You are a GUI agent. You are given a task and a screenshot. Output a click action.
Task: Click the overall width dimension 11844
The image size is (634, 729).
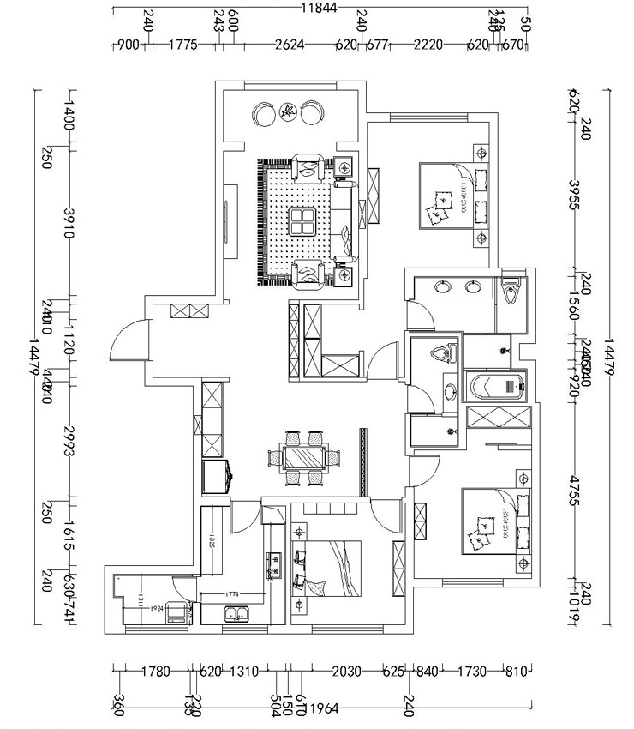click(x=319, y=9)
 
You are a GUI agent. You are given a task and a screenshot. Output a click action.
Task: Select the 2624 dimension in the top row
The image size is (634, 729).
click(x=289, y=45)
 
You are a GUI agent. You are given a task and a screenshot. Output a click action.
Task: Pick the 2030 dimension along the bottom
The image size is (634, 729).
click(x=345, y=671)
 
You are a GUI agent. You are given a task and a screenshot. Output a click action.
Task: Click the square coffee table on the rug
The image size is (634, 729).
click(x=304, y=221)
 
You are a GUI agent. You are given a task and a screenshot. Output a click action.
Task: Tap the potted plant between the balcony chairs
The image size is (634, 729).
click(x=289, y=111)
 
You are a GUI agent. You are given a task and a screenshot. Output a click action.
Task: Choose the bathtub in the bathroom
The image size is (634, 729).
click(x=494, y=387)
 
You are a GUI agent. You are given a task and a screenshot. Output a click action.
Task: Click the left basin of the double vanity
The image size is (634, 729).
click(x=443, y=287)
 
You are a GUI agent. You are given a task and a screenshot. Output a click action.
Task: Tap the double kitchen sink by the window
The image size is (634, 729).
click(x=236, y=613)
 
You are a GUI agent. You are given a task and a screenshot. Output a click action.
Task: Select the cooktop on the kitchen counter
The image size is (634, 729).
click(x=276, y=566)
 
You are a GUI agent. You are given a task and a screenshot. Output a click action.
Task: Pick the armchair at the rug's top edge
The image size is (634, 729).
click(x=306, y=166)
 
